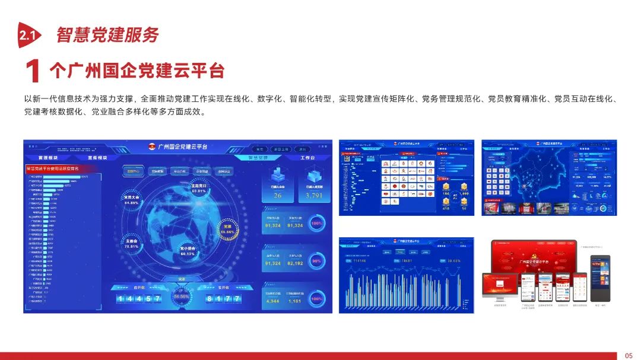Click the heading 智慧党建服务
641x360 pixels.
coord(107,35)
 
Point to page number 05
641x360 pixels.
coord(629,355)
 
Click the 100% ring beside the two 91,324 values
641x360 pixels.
coord(318,224)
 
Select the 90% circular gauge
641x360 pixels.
coord(318,262)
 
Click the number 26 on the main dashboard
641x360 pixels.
coord(277,195)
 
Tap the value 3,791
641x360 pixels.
coord(314,195)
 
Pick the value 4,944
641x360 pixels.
coord(272,301)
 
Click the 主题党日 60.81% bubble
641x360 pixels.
coord(198,188)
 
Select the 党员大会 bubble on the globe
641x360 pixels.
coord(131,200)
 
